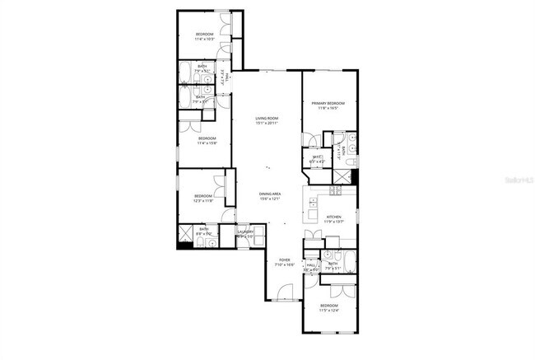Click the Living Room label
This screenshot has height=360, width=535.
[x=267, y=120]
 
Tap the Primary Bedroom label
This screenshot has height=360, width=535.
[x=328, y=105]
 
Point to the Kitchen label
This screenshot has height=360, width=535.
[x=333, y=219]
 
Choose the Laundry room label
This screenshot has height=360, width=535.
[x=245, y=234]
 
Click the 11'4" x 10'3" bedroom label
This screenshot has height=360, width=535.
[x=204, y=36]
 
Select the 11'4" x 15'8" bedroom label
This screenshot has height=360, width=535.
[x=206, y=140]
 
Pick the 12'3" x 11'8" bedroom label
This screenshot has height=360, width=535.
[x=202, y=199]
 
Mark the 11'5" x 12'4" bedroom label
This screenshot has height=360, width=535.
[x=329, y=307]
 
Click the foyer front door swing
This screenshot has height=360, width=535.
[x=285, y=292]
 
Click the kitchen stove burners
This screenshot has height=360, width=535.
[x=335, y=191]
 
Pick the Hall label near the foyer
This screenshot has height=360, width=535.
[x=311, y=266]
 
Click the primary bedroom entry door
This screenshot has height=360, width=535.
[x=308, y=140]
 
